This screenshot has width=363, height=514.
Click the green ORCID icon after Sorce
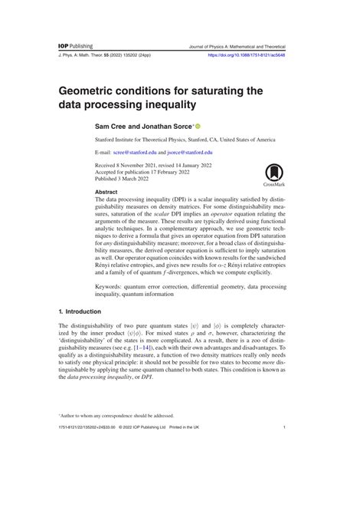198,125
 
